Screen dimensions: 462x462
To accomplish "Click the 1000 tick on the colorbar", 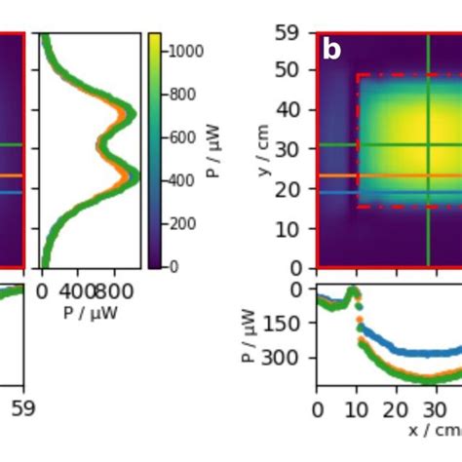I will tap(184, 52).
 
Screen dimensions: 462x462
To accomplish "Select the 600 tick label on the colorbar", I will tap(184, 137).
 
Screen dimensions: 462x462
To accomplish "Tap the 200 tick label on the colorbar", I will tap(184, 223).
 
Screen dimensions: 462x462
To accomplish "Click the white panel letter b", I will tap(331, 50).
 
